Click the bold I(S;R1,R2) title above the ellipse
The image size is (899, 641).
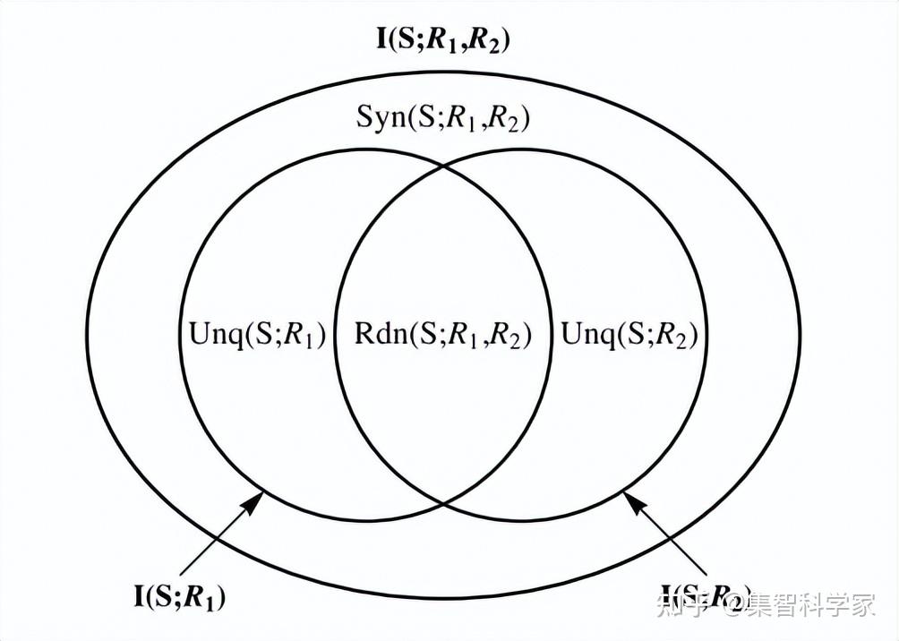[444, 39]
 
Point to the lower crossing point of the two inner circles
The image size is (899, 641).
[443, 503]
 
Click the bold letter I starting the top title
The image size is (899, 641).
[383, 39]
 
